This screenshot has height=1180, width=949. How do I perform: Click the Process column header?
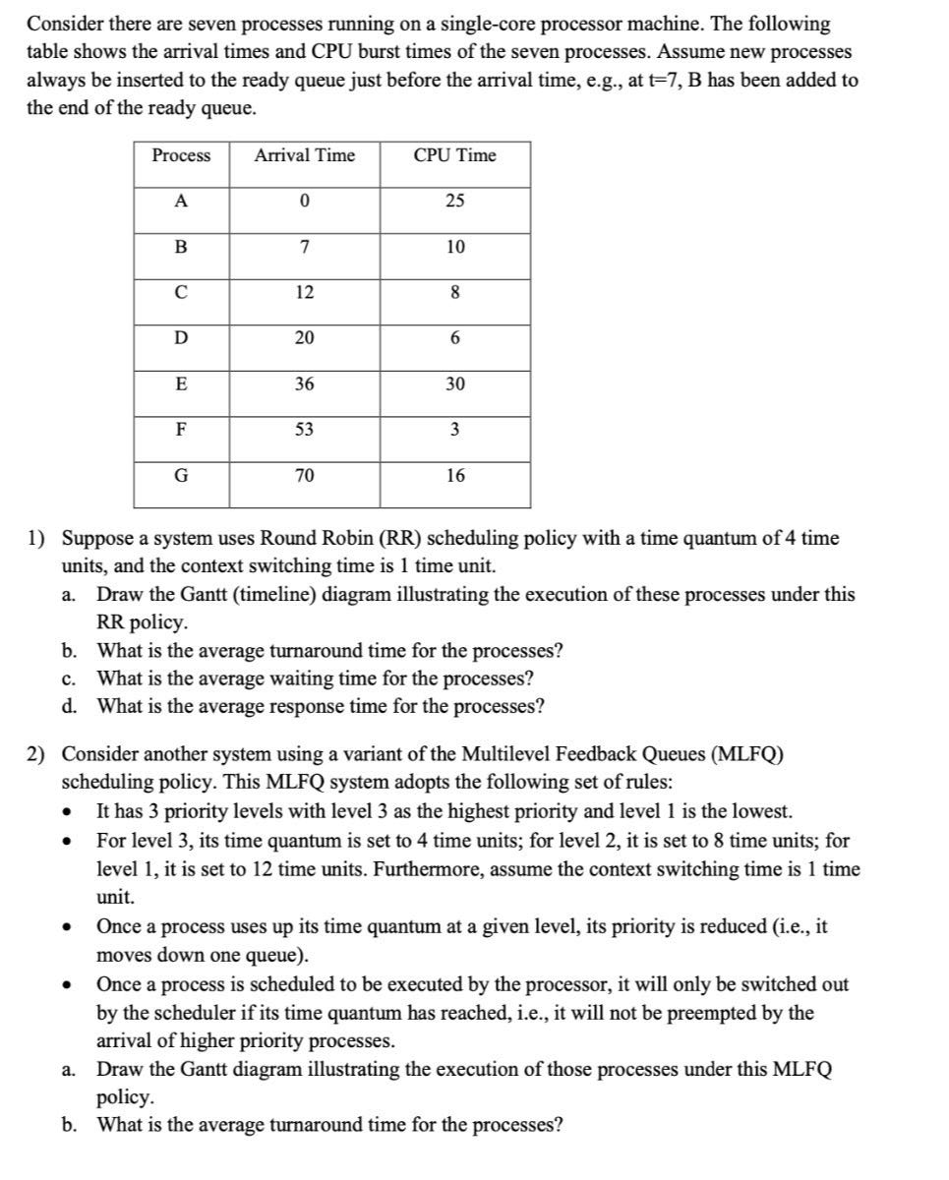181,155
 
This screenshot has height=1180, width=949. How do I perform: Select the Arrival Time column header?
305,155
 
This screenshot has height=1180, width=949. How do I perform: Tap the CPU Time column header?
454,155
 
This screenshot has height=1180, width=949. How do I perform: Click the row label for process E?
181,384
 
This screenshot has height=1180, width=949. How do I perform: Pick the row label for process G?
181,476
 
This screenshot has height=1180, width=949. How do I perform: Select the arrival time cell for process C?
305,293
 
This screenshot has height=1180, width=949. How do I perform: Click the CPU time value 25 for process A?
454,202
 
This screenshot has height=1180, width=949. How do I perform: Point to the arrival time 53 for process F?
305,431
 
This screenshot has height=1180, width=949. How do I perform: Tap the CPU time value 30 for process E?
454,384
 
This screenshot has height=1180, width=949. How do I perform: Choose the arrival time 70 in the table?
305,476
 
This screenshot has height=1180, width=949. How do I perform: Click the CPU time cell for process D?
454,339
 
